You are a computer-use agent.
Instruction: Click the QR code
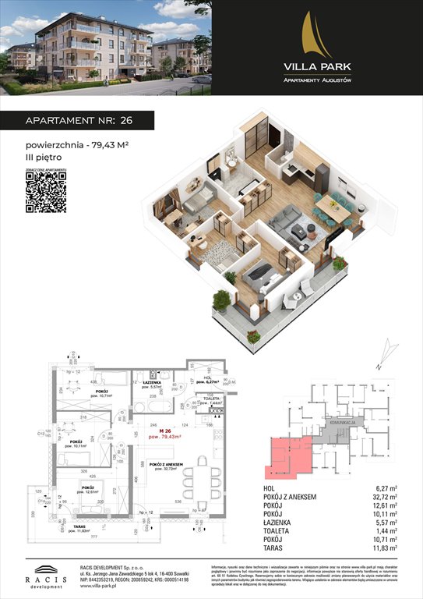(46, 192)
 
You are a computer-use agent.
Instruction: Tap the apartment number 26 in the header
(126, 122)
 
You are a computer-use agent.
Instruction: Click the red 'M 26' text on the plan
(160, 431)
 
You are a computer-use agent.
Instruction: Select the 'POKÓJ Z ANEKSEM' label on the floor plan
(167, 464)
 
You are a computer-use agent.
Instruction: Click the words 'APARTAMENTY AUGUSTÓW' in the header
(316, 80)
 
